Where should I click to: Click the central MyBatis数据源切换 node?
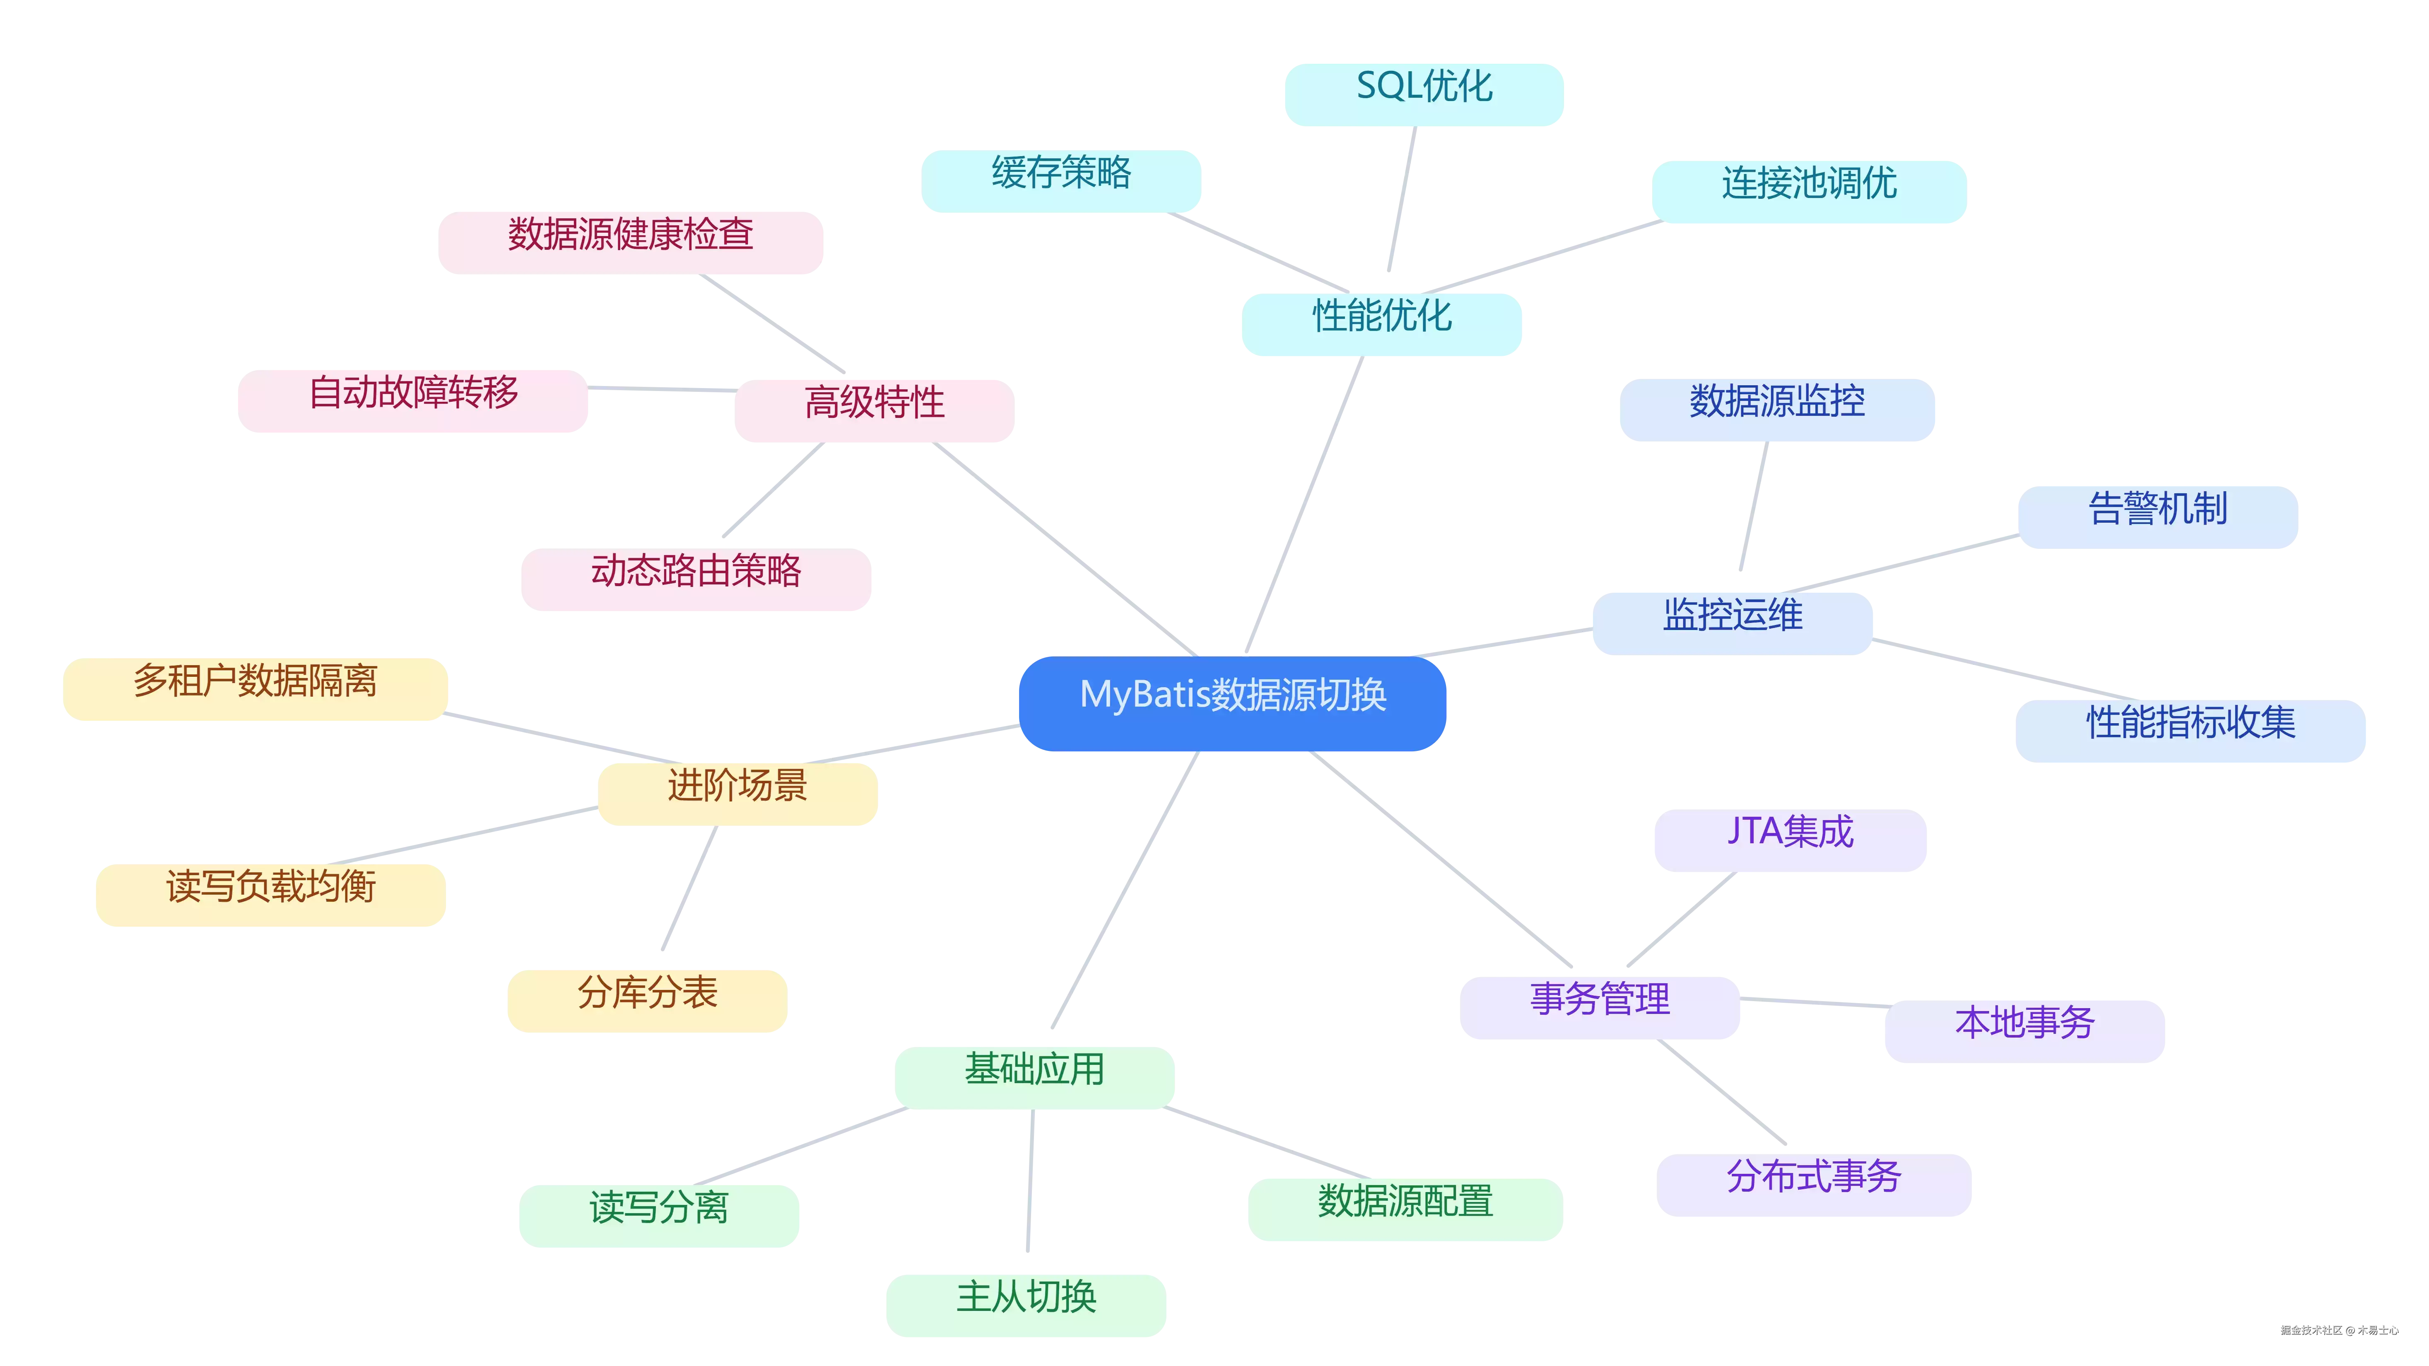point(1232,704)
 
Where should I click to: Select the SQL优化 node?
point(1424,94)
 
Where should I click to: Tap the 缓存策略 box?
point(1061,181)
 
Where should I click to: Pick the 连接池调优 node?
point(1809,191)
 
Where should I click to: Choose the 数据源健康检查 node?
point(631,242)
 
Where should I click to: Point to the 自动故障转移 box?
point(413,401)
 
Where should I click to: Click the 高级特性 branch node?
point(874,410)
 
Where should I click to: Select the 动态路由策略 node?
point(696,579)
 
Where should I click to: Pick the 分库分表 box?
point(647,1001)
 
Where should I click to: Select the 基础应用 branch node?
point(1034,1077)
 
